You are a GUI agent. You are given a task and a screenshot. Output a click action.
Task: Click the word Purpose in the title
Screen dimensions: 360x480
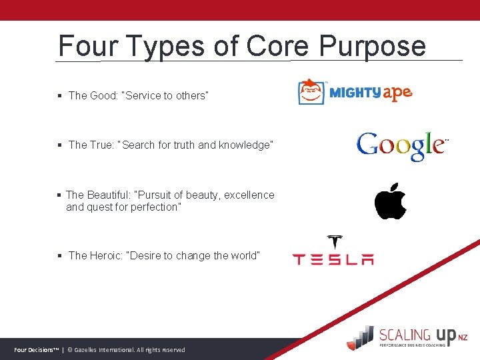(x=372, y=47)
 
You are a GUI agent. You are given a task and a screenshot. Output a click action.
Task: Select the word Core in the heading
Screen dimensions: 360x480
(x=278, y=47)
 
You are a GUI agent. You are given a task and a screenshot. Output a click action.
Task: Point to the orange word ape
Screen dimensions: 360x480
(x=397, y=93)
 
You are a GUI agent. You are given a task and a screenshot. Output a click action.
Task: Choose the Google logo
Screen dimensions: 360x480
(x=401, y=145)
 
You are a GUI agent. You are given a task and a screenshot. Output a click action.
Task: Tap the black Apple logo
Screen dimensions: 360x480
(x=390, y=201)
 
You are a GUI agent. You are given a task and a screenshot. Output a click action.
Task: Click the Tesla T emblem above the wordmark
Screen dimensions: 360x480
(x=334, y=242)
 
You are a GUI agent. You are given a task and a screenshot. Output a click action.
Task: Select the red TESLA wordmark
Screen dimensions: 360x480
(x=333, y=259)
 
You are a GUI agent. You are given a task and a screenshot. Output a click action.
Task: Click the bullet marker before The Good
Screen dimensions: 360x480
(x=60, y=96)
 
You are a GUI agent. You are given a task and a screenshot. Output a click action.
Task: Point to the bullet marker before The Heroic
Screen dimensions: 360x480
(x=60, y=256)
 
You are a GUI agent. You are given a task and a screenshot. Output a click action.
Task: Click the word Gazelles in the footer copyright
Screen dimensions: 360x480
(x=89, y=350)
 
